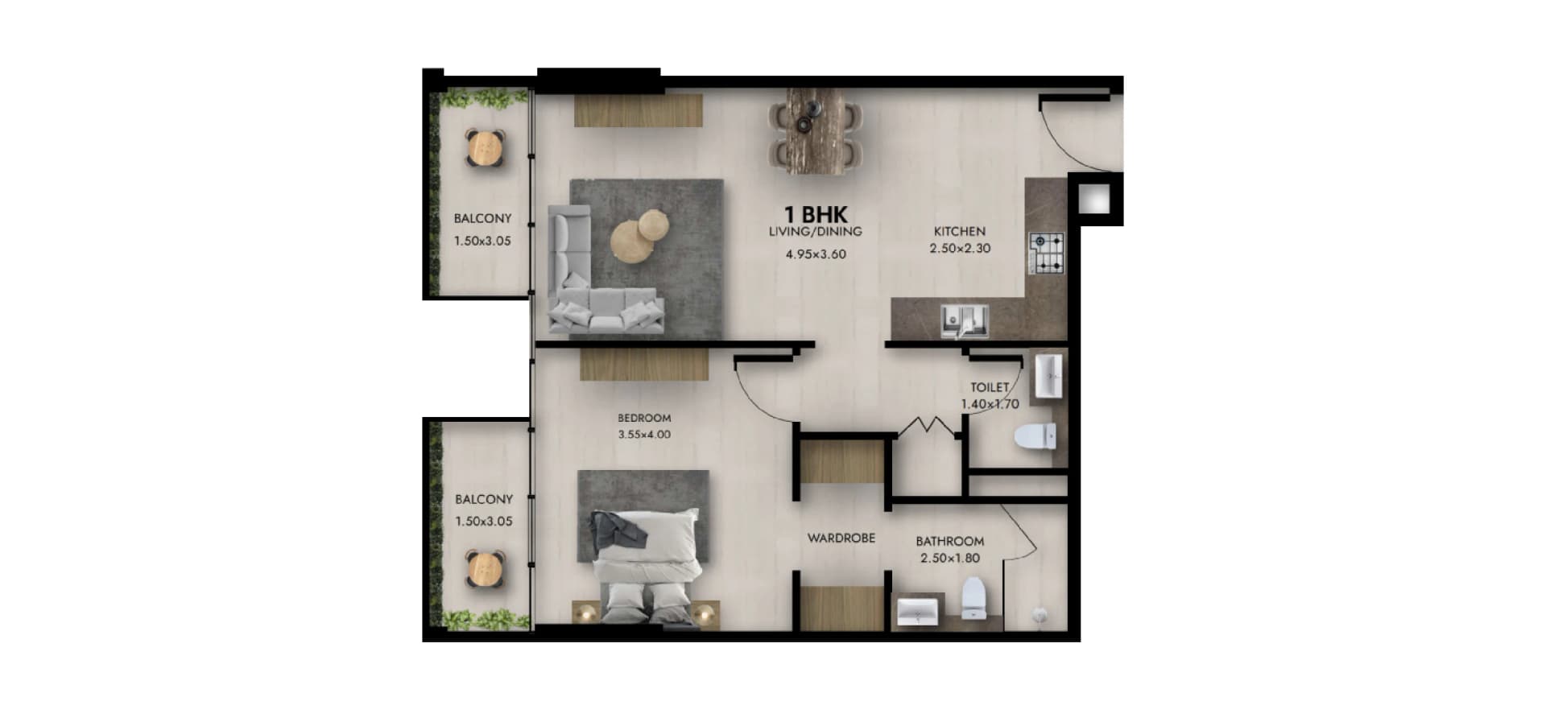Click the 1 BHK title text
pos(816,215)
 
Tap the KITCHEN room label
pos(959,231)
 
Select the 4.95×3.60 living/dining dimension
pos(816,254)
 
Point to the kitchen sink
pos(965,320)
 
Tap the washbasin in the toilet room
pos(1048,376)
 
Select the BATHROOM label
pos(949,542)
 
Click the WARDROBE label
pos(841,538)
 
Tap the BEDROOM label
pos(644,418)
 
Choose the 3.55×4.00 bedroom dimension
pos(644,435)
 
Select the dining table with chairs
pos(816,130)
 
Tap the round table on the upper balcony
pos(486,147)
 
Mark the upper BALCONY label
pos(482,218)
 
